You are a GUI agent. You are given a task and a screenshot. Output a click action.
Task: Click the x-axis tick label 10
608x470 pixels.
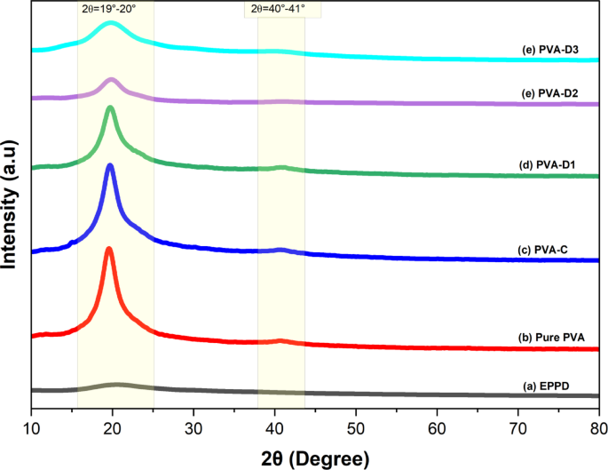31,427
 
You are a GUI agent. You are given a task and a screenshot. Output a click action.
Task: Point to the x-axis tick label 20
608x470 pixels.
113,427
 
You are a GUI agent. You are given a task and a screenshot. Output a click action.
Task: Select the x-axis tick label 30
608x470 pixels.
193,427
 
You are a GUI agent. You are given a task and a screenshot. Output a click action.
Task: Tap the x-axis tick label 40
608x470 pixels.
275,427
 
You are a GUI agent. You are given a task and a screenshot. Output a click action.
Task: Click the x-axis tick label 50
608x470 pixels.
356,427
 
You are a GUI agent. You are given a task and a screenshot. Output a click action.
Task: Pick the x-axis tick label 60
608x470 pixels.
438,427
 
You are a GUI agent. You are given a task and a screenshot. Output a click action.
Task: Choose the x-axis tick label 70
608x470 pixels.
518,427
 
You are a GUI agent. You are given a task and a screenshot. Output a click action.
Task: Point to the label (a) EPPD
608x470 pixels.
544,385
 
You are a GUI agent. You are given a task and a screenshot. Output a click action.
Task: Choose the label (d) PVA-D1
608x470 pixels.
548,163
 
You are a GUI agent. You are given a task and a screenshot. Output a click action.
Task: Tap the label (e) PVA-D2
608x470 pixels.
548,93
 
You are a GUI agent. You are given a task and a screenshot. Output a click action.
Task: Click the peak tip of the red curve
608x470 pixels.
109,250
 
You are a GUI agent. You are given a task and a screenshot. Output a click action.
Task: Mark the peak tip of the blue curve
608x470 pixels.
110,166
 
